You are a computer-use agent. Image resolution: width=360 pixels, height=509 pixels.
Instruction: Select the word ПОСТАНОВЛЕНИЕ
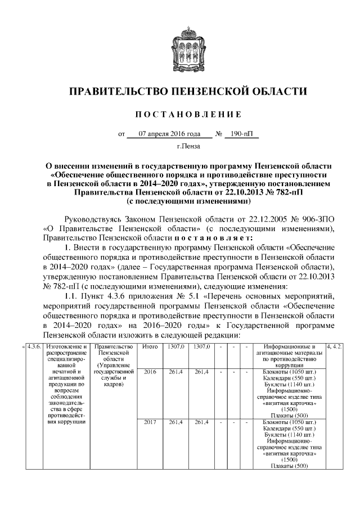(x=188, y=115)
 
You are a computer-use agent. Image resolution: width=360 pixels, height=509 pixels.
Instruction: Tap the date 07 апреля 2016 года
(x=169, y=134)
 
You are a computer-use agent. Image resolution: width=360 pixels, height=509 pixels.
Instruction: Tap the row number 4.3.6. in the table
(x=35, y=347)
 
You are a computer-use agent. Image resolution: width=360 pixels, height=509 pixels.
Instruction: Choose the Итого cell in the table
(x=150, y=347)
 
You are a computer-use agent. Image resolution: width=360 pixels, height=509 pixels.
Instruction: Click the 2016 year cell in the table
(x=150, y=372)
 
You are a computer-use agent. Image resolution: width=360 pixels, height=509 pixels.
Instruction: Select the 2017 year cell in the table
(x=150, y=421)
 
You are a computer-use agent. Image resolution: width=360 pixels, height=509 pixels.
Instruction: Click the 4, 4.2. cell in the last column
(x=336, y=347)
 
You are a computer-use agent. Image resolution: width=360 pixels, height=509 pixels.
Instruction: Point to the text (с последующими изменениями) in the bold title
(x=188, y=200)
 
